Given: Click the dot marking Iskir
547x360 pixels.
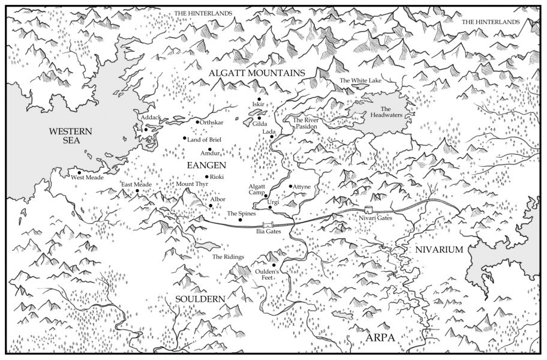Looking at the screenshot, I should [x=259, y=100].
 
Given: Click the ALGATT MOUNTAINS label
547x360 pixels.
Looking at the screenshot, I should [x=257, y=73].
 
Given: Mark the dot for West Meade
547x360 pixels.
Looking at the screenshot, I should [x=79, y=173].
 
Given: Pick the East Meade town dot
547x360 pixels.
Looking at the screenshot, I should [x=137, y=191].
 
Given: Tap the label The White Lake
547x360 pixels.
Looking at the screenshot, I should [x=360, y=80].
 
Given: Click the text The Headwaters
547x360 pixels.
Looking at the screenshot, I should [x=381, y=112].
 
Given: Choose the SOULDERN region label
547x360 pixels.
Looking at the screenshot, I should [x=200, y=299].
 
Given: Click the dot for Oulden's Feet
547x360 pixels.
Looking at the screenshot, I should [x=274, y=265].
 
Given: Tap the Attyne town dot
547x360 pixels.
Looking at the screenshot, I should [x=291, y=187].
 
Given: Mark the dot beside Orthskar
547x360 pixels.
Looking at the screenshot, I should [x=197, y=122].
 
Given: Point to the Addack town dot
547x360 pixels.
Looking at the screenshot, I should [x=146, y=129].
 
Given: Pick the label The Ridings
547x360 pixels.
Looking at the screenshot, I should [x=229, y=257].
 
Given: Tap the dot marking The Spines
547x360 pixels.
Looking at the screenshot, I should [x=241, y=220].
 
